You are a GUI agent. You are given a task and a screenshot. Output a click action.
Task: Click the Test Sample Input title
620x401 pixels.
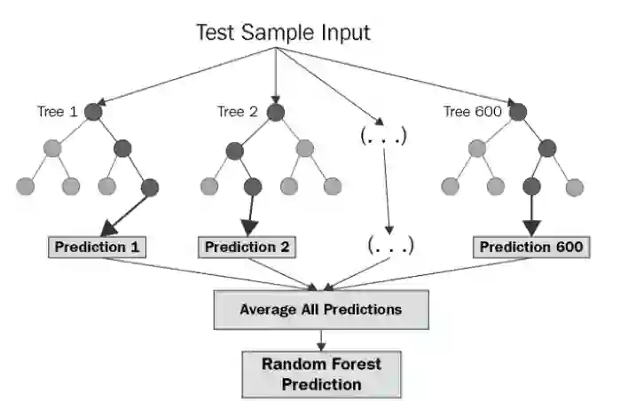click(283, 33)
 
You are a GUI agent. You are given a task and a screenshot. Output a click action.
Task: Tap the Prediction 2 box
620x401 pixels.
click(247, 246)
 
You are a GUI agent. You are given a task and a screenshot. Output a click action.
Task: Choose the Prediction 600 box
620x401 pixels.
click(531, 246)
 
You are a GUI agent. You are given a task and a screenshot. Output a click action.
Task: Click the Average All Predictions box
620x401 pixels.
click(321, 310)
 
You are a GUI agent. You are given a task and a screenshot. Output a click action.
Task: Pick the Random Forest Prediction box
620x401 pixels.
click(321, 373)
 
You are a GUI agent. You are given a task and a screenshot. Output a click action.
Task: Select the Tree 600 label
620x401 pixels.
click(472, 112)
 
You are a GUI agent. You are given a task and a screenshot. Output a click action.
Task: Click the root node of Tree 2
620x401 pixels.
click(275, 113)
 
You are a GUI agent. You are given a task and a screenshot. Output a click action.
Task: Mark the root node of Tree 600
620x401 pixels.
click(519, 113)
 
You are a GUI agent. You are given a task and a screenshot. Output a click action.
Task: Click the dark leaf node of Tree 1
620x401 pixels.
click(149, 187)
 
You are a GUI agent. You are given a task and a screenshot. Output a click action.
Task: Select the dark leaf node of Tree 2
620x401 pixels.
click(252, 187)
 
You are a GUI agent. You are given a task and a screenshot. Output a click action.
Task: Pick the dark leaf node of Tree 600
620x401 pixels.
click(532, 187)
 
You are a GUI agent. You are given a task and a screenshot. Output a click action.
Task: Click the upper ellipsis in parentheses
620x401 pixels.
click(383, 137)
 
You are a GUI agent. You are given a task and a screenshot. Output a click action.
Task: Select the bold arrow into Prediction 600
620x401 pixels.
click(532, 216)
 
